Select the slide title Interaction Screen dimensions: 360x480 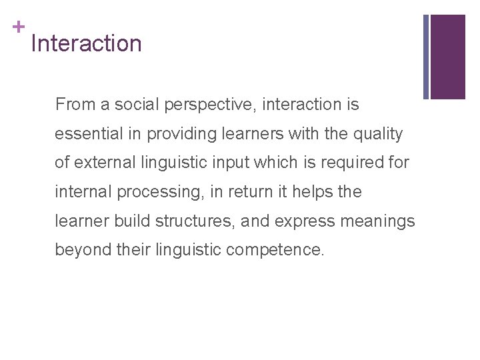point(86,44)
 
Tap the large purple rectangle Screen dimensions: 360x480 point(448,57)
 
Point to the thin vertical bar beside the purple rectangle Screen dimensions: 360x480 point(426,57)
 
